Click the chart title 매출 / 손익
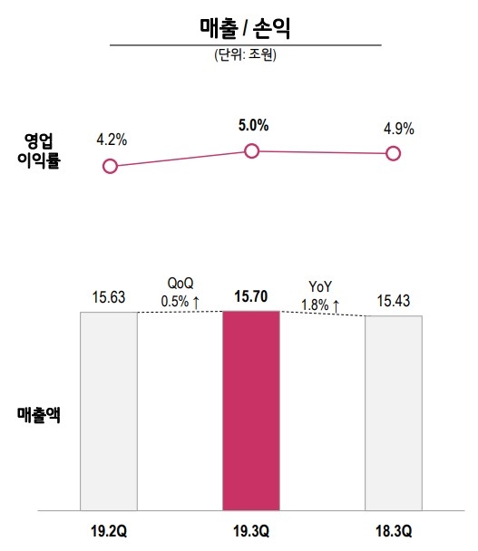tap(244, 26)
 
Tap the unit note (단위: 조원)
tap(245, 54)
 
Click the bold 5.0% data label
tap(253, 126)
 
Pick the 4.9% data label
tap(398, 129)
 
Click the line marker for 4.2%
tap(111, 166)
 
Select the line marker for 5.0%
tap(252, 151)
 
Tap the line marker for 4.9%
tap(394, 153)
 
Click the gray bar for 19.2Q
tap(108, 411)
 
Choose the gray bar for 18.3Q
tap(393, 413)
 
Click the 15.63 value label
tap(108, 296)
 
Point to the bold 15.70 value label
tap(251, 295)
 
